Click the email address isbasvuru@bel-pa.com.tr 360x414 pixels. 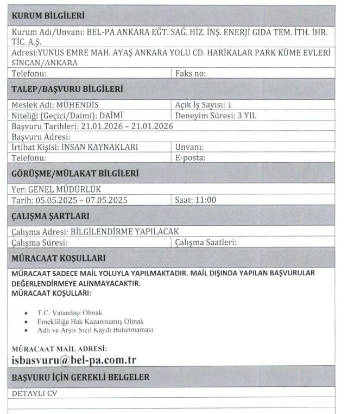[x=73, y=360]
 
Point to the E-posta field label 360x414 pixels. [x=190, y=158]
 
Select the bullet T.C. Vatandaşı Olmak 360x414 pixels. [x=70, y=313]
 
